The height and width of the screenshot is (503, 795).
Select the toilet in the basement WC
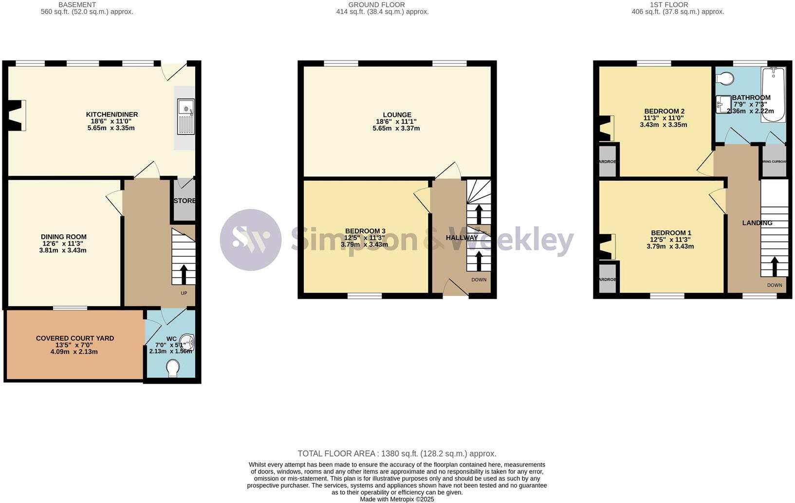coord(172,368)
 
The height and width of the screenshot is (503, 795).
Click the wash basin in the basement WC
coord(187,343)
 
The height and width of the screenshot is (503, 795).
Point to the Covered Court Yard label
coord(75,338)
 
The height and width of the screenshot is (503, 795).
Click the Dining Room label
coord(64,237)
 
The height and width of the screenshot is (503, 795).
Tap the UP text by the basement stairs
coord(184,293)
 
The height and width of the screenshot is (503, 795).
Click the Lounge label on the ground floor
coord(397,115)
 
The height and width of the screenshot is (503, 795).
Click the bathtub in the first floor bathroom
coord(773,95)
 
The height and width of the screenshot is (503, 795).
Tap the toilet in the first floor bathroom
coord(725,78)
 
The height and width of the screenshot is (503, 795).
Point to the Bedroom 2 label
coord(664,111)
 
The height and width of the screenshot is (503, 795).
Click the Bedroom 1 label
coord(671,233)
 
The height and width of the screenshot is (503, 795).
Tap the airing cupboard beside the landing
coord(774,161)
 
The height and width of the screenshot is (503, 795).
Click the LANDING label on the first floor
coord(757,223)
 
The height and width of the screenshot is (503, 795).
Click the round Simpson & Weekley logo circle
coord(251,240)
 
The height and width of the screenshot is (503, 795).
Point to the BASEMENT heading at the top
coord(77,5)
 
